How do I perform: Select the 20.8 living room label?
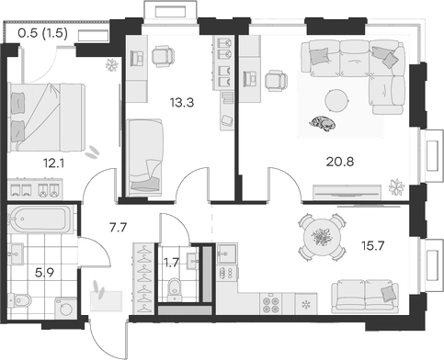(x=342, y=162)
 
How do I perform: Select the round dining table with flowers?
(x=321, y=237)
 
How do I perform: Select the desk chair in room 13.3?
(x=161, y=58)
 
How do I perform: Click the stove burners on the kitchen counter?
(x=272, y=301)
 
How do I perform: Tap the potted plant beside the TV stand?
(x=396, y=189)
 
